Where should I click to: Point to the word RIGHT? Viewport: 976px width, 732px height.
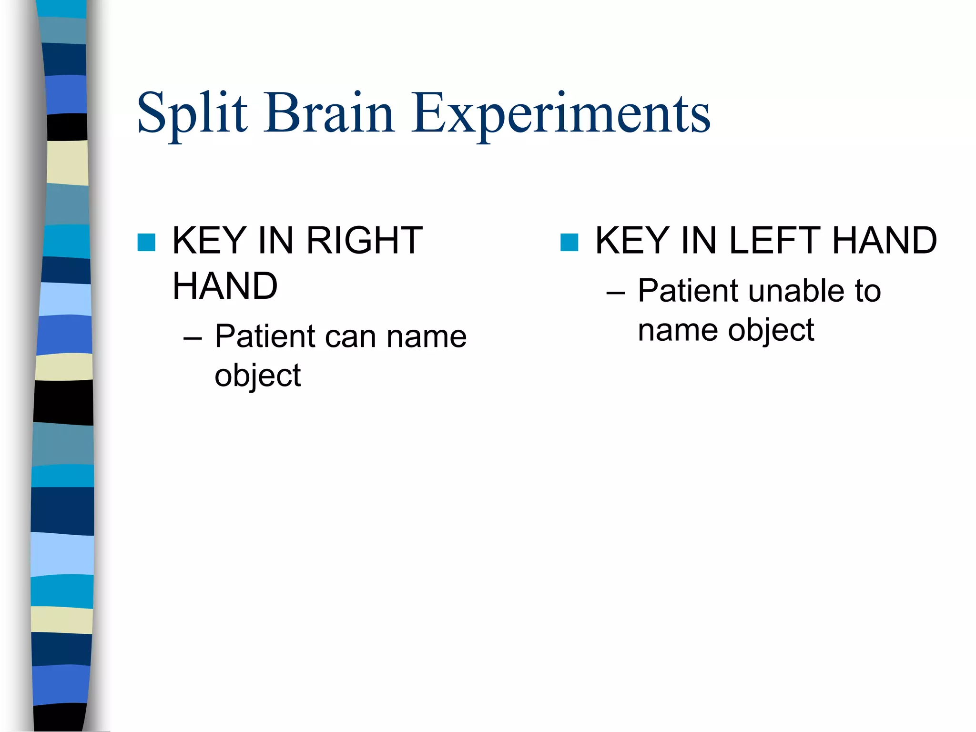[364, 241]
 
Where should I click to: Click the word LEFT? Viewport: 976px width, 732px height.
[775, 241]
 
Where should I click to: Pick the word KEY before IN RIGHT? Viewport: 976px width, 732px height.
[209, 241]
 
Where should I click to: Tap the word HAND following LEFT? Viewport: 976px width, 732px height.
[884, 241]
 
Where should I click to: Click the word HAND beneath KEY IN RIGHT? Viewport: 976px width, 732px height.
[225, 286]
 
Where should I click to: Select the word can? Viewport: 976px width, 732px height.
[350, 336]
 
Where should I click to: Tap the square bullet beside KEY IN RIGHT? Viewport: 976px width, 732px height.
[146, 242]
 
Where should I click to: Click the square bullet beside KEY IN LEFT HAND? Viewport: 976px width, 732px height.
[569, 242]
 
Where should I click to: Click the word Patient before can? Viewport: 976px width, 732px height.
[265, 336]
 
